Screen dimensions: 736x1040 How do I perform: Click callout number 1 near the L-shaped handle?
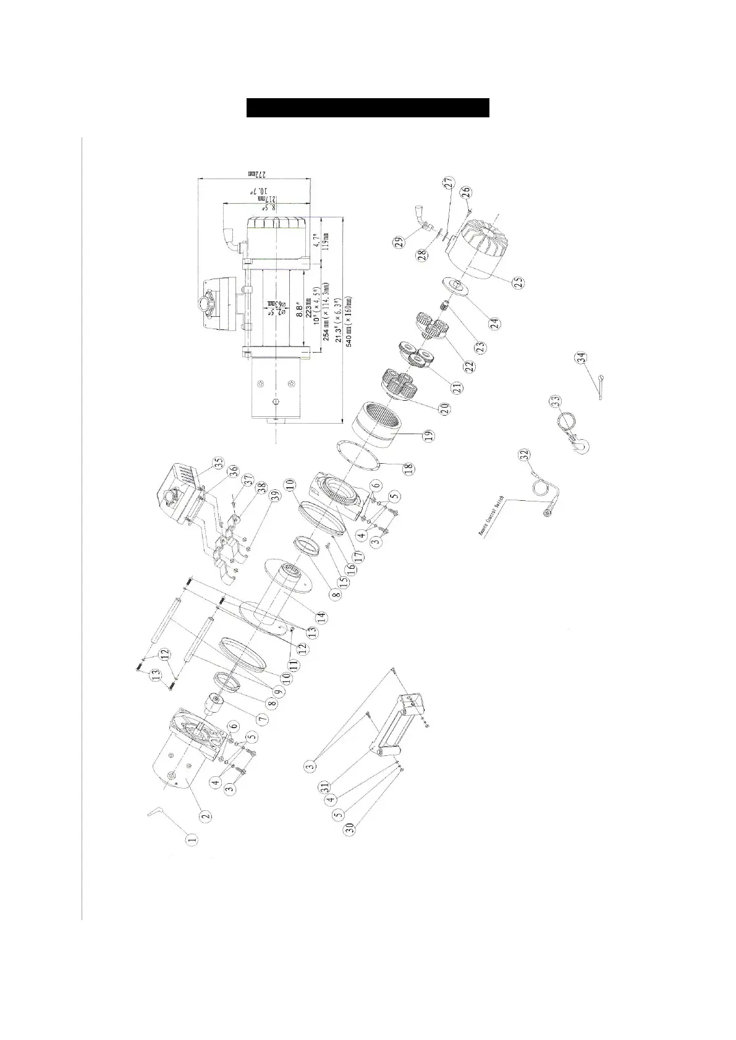pos(192,839)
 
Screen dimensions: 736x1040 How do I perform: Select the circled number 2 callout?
pos(206,815)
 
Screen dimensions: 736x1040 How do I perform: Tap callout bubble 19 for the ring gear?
pos(428,437)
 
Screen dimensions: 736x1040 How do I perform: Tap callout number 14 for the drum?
pos(321,616)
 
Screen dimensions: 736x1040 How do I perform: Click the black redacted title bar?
pos(368,107)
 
